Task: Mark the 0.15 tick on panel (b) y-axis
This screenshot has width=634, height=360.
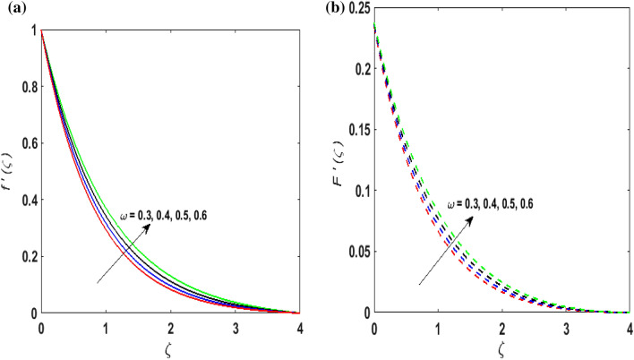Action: pos(356,131)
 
